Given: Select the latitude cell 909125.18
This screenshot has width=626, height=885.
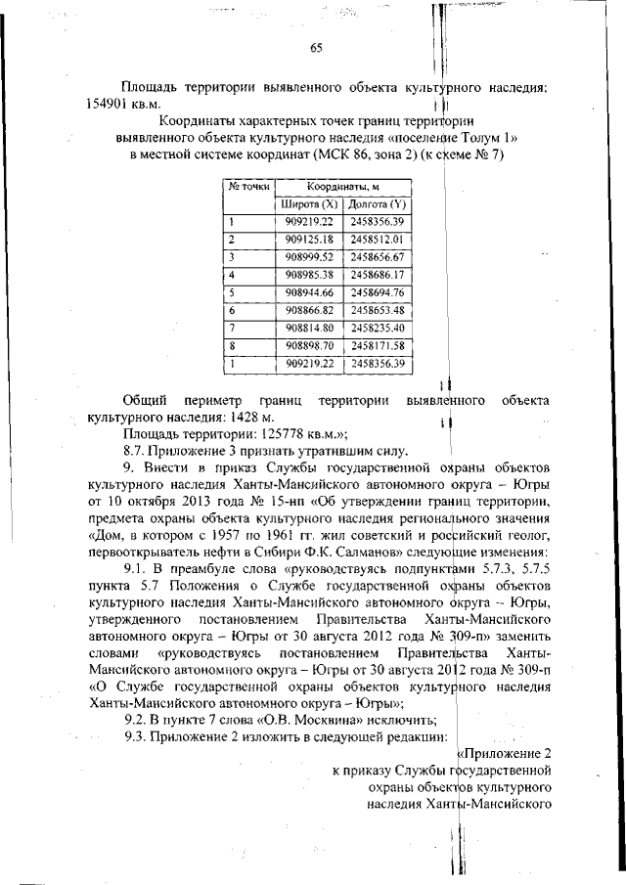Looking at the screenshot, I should coord(309,239).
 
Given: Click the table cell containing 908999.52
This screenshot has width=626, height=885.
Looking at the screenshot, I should coord(309,256).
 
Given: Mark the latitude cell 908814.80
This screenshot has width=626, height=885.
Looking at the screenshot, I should coord(309,328).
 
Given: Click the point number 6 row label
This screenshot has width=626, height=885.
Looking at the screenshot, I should coord(232,310).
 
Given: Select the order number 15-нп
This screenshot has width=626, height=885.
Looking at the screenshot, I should coord(269,502).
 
